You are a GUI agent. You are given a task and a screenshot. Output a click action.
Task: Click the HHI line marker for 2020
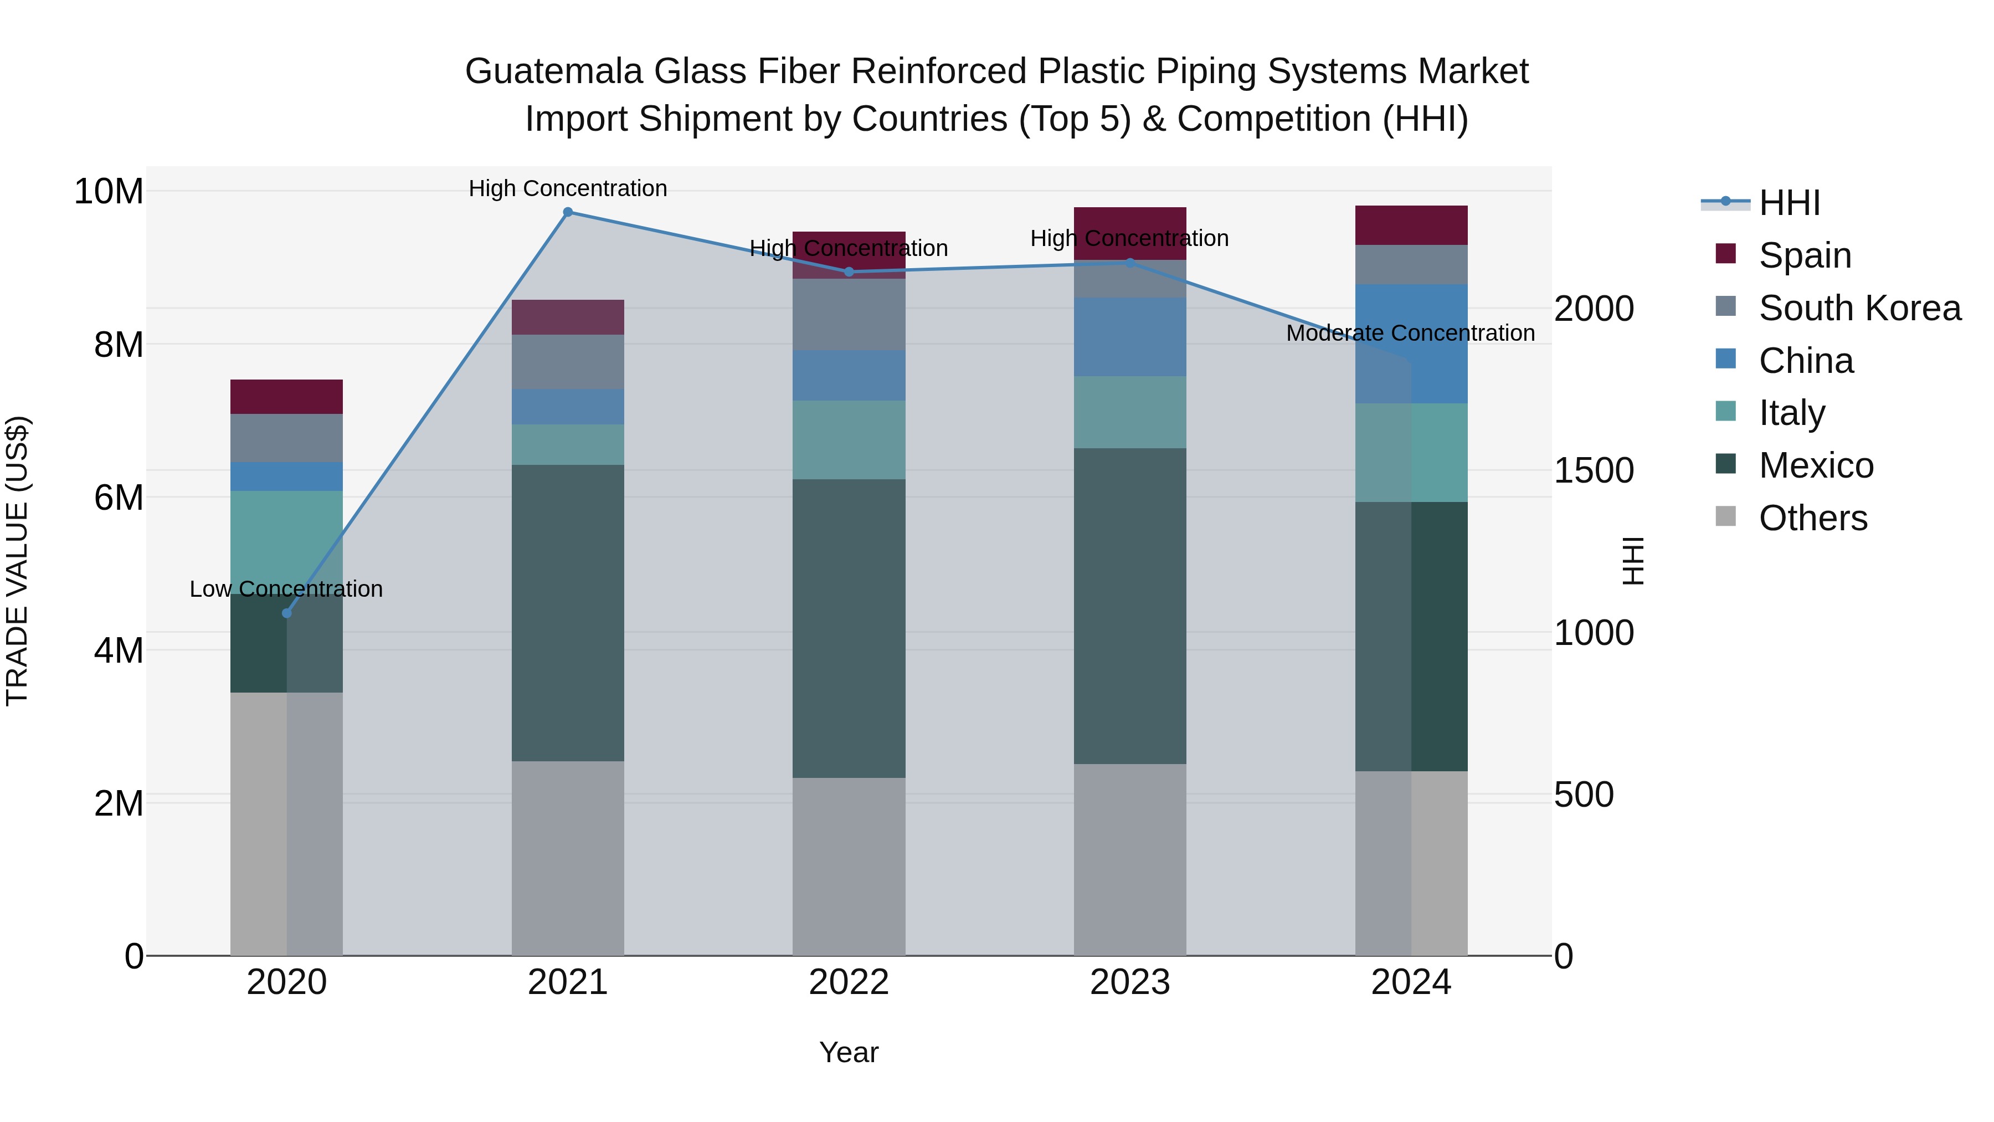click(286, 613)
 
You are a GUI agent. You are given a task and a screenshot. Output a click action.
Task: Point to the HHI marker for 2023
click(1129, 263)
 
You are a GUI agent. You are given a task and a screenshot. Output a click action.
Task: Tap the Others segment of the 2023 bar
click(1129, 859)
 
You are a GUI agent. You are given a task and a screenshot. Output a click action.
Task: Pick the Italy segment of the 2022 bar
click(849, 440)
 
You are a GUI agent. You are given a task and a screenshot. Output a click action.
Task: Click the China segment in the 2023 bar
click(1129, 337)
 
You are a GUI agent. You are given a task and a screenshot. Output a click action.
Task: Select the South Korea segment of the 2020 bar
click(286, 438)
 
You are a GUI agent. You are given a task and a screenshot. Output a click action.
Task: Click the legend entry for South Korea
click(1859, 308)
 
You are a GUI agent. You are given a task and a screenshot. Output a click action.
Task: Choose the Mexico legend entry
click(1816, 465)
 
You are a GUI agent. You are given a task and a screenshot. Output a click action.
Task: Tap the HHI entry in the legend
click(1789, 203)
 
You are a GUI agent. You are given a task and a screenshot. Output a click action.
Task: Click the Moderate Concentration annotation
click(1410, 333)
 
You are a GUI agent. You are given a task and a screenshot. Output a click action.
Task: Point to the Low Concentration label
click(286, 590)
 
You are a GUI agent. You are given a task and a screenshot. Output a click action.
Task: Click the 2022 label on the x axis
click(849, 982)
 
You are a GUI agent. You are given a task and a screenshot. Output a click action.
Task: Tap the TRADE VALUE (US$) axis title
click(17, 561)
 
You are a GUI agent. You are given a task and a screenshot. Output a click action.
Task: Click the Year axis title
click(849, 1052)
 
